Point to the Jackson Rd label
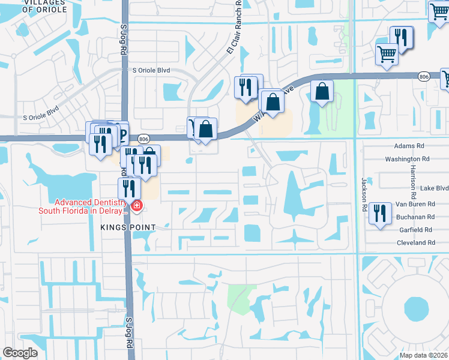[x=364, y=190]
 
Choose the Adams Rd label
[x=409, y=146]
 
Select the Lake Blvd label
[x=434, y=188]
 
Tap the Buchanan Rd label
[x=414, y=217]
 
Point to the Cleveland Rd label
[x=416, y=242]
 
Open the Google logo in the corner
[x=20, y=353]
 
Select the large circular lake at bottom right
[x=415, y=308]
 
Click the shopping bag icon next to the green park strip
[x=322, y=92]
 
